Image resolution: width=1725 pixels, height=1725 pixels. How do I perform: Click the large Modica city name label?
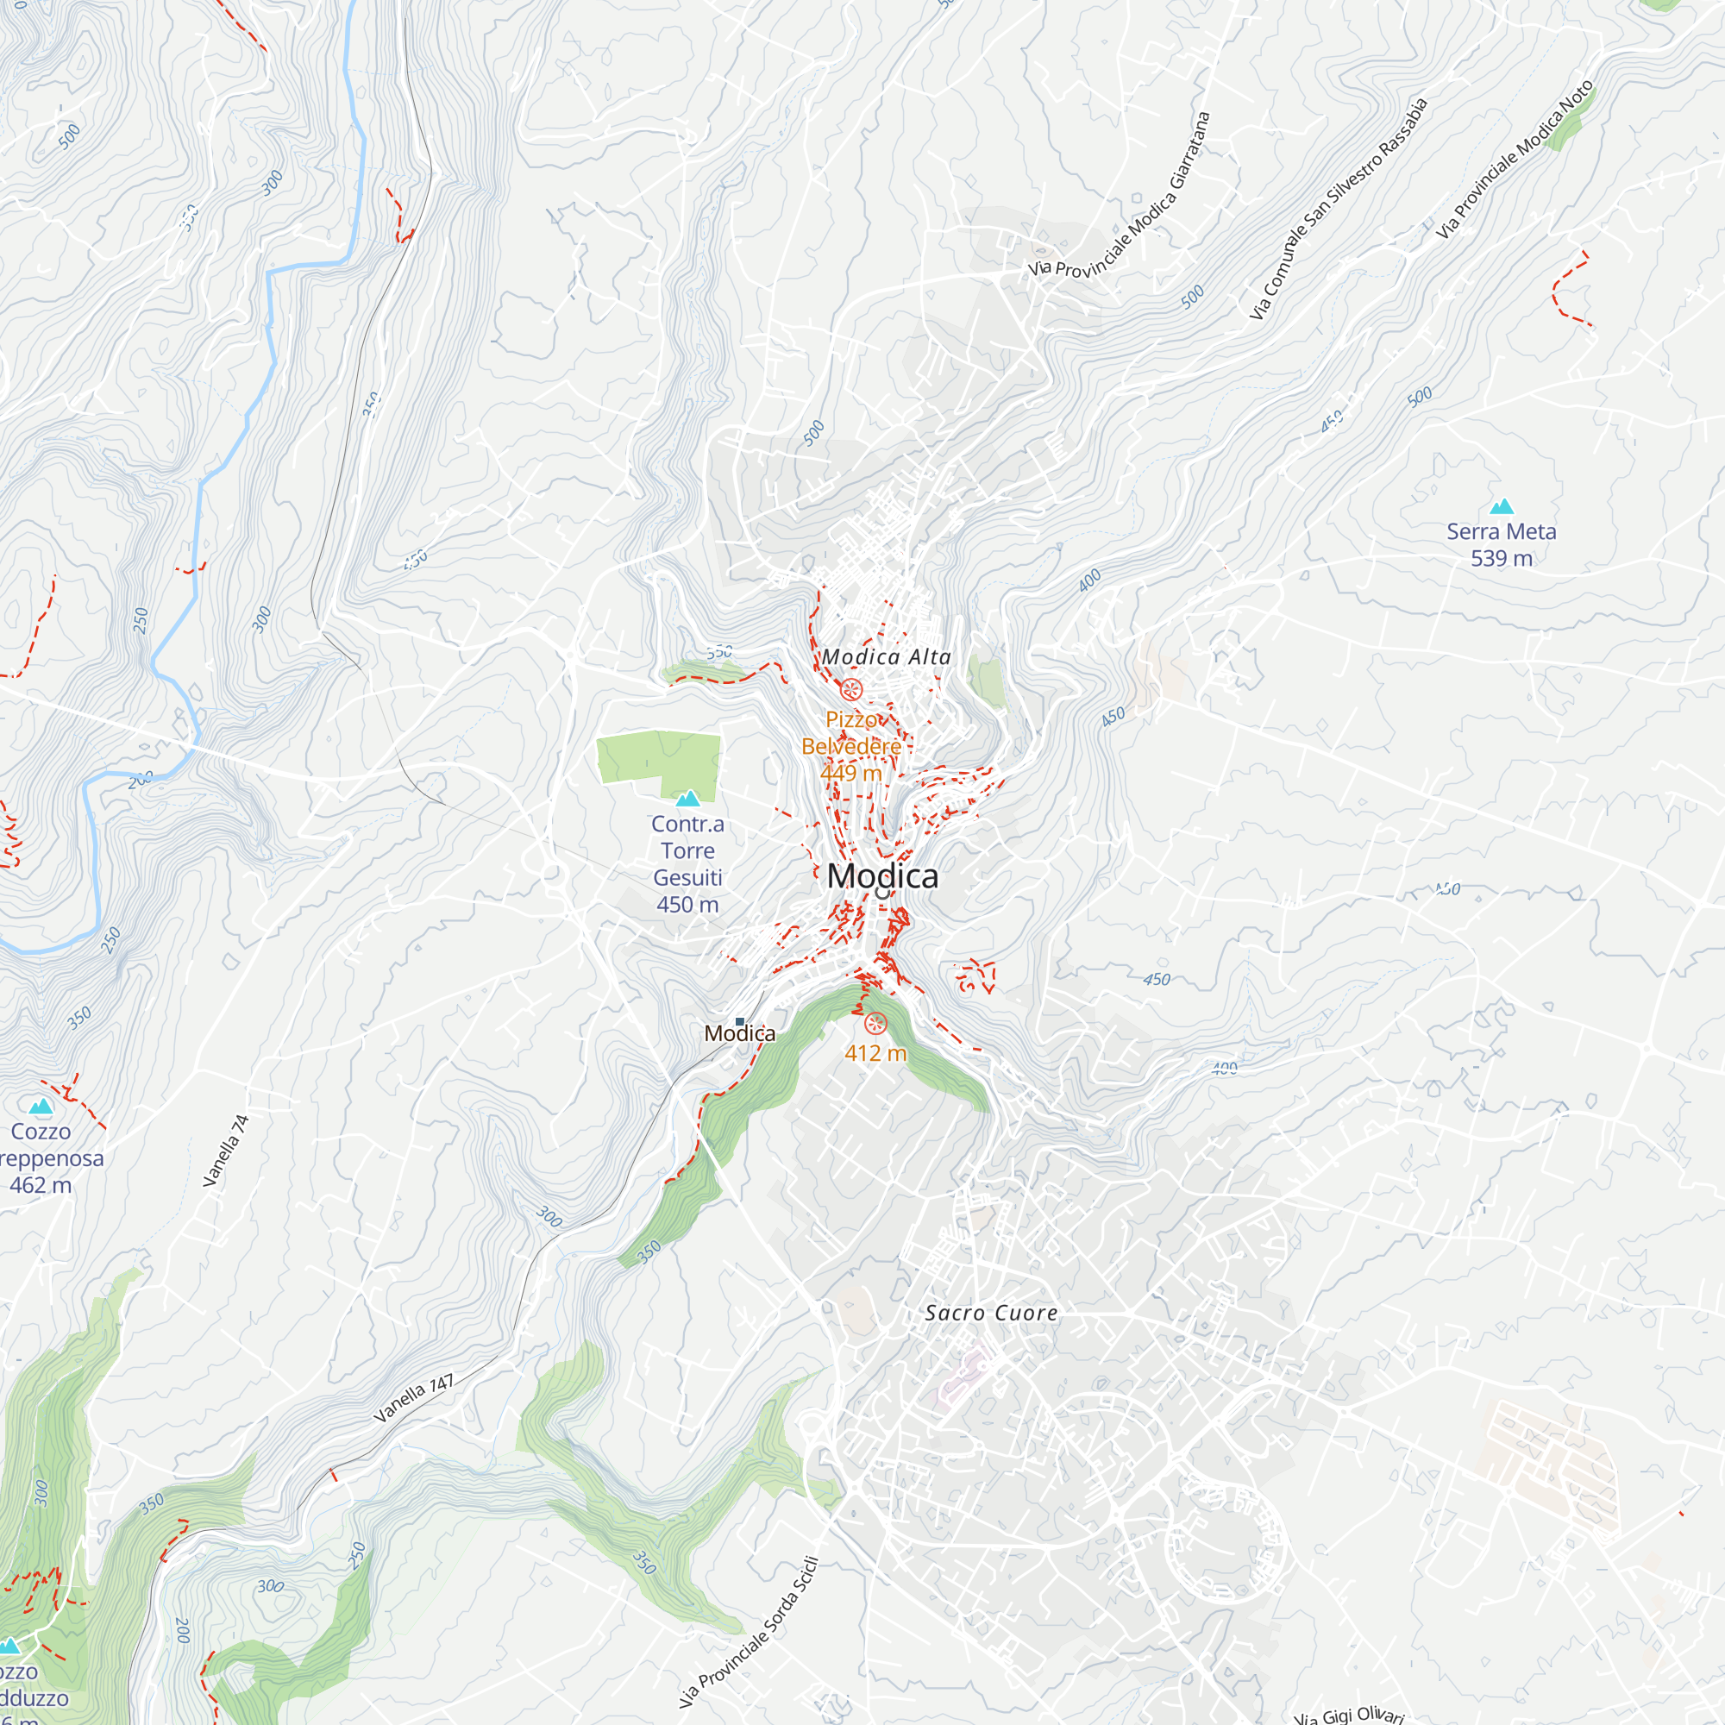tap(882, 876)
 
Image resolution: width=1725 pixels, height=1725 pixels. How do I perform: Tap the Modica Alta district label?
tap(886, 657)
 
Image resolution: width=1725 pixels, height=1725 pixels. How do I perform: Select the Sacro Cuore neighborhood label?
tap(991, 1313)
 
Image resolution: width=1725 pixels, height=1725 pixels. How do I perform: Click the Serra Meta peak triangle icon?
tap(1502, 507)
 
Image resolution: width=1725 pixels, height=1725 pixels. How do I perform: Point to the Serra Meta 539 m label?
tap(1501, 544)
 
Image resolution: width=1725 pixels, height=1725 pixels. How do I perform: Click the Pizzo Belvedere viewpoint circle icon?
tap(852, 689)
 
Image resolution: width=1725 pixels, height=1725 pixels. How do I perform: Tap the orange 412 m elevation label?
tap(875, 1054)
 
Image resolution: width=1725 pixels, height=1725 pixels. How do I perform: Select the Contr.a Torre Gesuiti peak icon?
tap(687, 798)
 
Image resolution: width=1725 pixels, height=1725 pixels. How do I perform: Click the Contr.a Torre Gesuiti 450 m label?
tap(687, 863)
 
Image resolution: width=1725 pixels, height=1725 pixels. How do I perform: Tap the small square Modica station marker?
tap(739, 1021)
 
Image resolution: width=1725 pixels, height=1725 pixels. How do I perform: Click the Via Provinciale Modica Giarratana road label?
tap(1120, 198)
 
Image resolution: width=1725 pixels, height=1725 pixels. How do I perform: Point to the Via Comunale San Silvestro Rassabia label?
tap(1337, 209)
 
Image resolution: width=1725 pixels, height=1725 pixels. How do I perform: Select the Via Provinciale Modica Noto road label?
tap(1515, 160)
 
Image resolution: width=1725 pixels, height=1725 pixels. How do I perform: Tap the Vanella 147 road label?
tap(413, 1398)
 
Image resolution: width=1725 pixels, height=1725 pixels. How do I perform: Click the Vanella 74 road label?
tap(226, 1151)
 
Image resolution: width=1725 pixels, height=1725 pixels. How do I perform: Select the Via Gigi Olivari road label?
tap(1349, 1716)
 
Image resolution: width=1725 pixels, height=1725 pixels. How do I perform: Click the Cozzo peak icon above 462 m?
tap(41, 1107)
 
